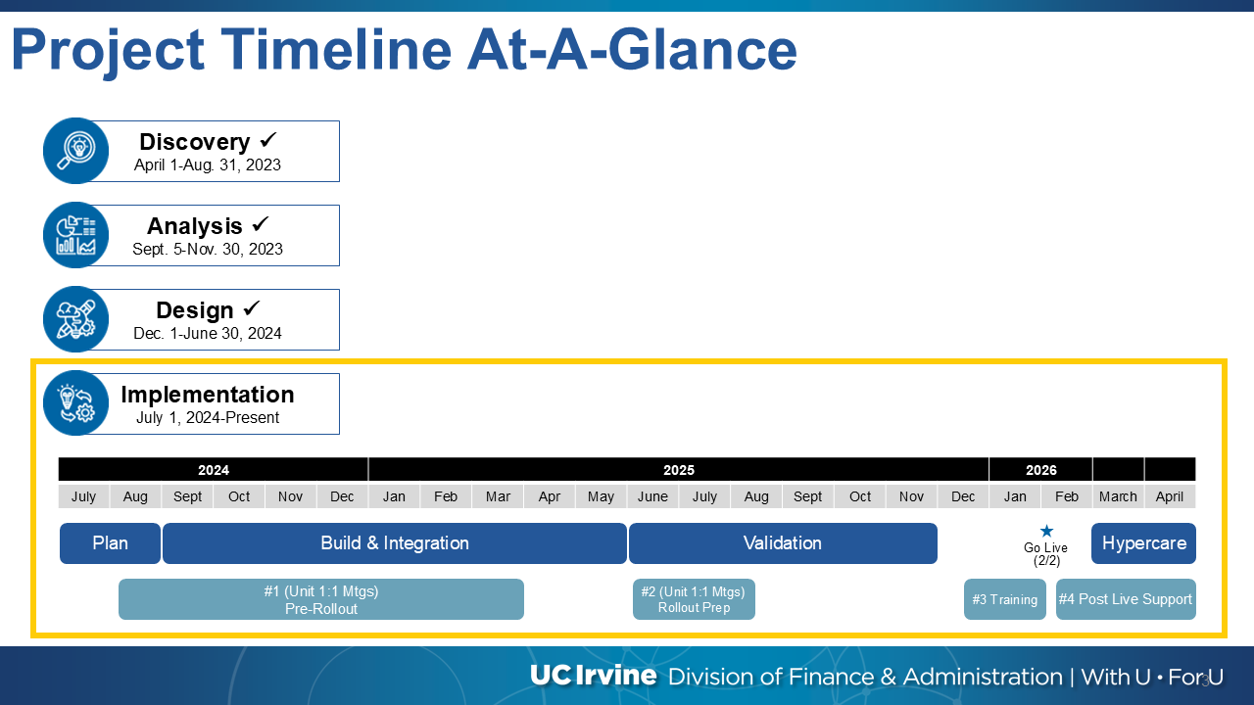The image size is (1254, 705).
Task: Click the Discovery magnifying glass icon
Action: (x=76, y=151)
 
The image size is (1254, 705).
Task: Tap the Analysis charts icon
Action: (x=76, y=235)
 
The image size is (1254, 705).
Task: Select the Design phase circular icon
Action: (x=76, y=319)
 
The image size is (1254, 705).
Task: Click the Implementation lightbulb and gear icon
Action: (x=76, y=402)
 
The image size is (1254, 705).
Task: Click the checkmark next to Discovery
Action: (x=268, y=140)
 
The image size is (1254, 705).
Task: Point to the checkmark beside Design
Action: (x=252, y=307)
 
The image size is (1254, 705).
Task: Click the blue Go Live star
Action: (x=1046, y=531)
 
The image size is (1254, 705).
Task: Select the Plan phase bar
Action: (x=111, y=543)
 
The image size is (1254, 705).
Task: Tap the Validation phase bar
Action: (x=783, y=543)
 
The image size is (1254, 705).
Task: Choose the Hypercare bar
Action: (x=1143, y=543)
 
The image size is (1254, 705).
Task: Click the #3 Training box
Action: (x=1005, y=599)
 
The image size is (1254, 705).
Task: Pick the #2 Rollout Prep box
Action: (x=694, y=599)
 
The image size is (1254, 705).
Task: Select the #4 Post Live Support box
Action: (x=1126, y=599)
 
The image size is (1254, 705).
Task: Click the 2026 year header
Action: (x=1040, y=469)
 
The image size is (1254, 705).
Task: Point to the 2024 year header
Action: (x=214, y=469)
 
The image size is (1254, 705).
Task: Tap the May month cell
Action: (x=601, y=496)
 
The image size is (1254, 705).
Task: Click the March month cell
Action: (x=1118, y=496)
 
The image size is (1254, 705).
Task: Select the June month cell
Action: (x=652, y=496)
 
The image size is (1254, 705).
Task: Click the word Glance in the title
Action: (x=702, y=50)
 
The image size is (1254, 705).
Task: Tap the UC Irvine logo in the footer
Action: (x=594, y=676)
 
